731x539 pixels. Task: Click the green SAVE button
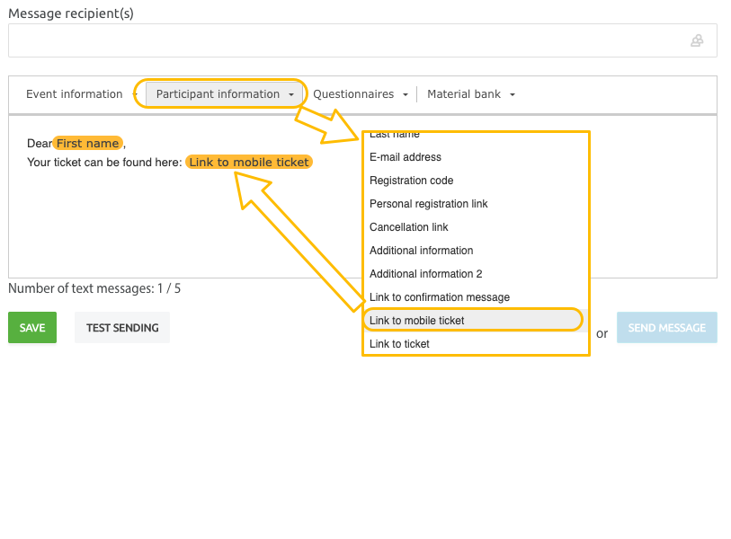point(32,328)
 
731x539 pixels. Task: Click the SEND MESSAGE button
point(666,328)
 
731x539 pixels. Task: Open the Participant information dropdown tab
point(224,94)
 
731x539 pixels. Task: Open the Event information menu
point(75,94)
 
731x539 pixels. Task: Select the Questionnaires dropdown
point(360,94)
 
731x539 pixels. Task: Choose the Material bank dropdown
point(470,94)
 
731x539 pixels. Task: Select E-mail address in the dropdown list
point(406,157)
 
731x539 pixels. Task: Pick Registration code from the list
point(411,181)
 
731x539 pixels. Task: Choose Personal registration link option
point(428,204)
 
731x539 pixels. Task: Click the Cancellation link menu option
point(408,227)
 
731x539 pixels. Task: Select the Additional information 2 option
point(425,274)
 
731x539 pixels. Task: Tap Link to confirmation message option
point(439,297)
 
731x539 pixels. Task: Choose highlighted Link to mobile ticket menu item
point(417,321)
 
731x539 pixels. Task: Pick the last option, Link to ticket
point(399,344)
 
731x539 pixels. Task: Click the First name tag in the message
point(87,143)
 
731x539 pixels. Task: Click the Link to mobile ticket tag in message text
point(249,163)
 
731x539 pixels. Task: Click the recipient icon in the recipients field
point(697,40)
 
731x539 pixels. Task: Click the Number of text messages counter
point(94,288)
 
